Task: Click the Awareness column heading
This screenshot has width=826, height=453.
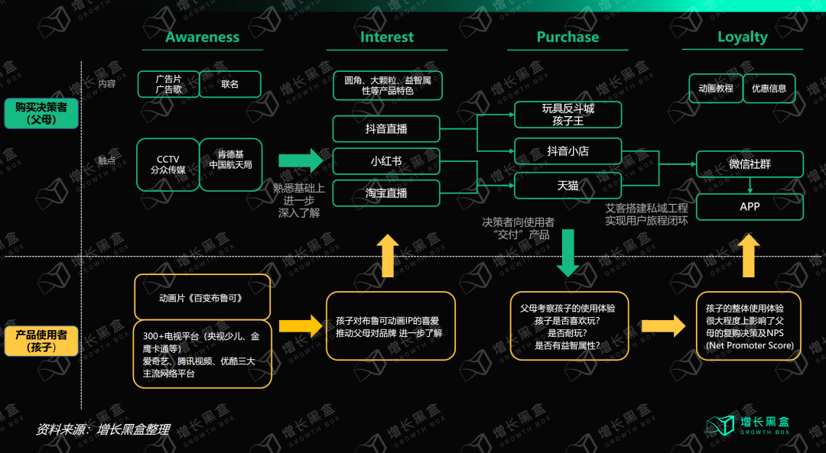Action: click(202, 37)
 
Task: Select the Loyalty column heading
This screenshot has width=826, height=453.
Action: click(742, 37)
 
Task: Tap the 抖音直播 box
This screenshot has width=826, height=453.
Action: click(386, 129)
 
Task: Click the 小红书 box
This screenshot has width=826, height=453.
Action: click(386, 161)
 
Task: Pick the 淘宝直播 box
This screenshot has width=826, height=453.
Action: click(386, 193)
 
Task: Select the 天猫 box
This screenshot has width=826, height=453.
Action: click(567, 186)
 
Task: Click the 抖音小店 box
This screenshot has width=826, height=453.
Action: click(567, 151)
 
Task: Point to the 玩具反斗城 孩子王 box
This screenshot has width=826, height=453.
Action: click(567, 115)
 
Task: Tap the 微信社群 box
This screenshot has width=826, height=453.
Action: click(750, 164)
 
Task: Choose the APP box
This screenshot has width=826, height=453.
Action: click(750, 207)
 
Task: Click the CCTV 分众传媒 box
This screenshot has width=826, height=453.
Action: click(168, 165)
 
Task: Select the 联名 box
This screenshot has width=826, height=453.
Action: click(230, 84)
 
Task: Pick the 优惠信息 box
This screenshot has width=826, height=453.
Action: click(769, 89)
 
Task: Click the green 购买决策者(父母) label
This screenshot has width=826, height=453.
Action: click(41, 113)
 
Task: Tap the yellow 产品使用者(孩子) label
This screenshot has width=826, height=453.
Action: click(41, 341)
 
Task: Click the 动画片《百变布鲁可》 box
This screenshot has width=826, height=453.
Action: click(202, 298)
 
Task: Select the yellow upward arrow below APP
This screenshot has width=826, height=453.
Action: click(748, 255)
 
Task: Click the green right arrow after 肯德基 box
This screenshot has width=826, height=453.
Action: click(301, 160)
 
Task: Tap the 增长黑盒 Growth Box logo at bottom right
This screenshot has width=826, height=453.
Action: click(748, 425)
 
